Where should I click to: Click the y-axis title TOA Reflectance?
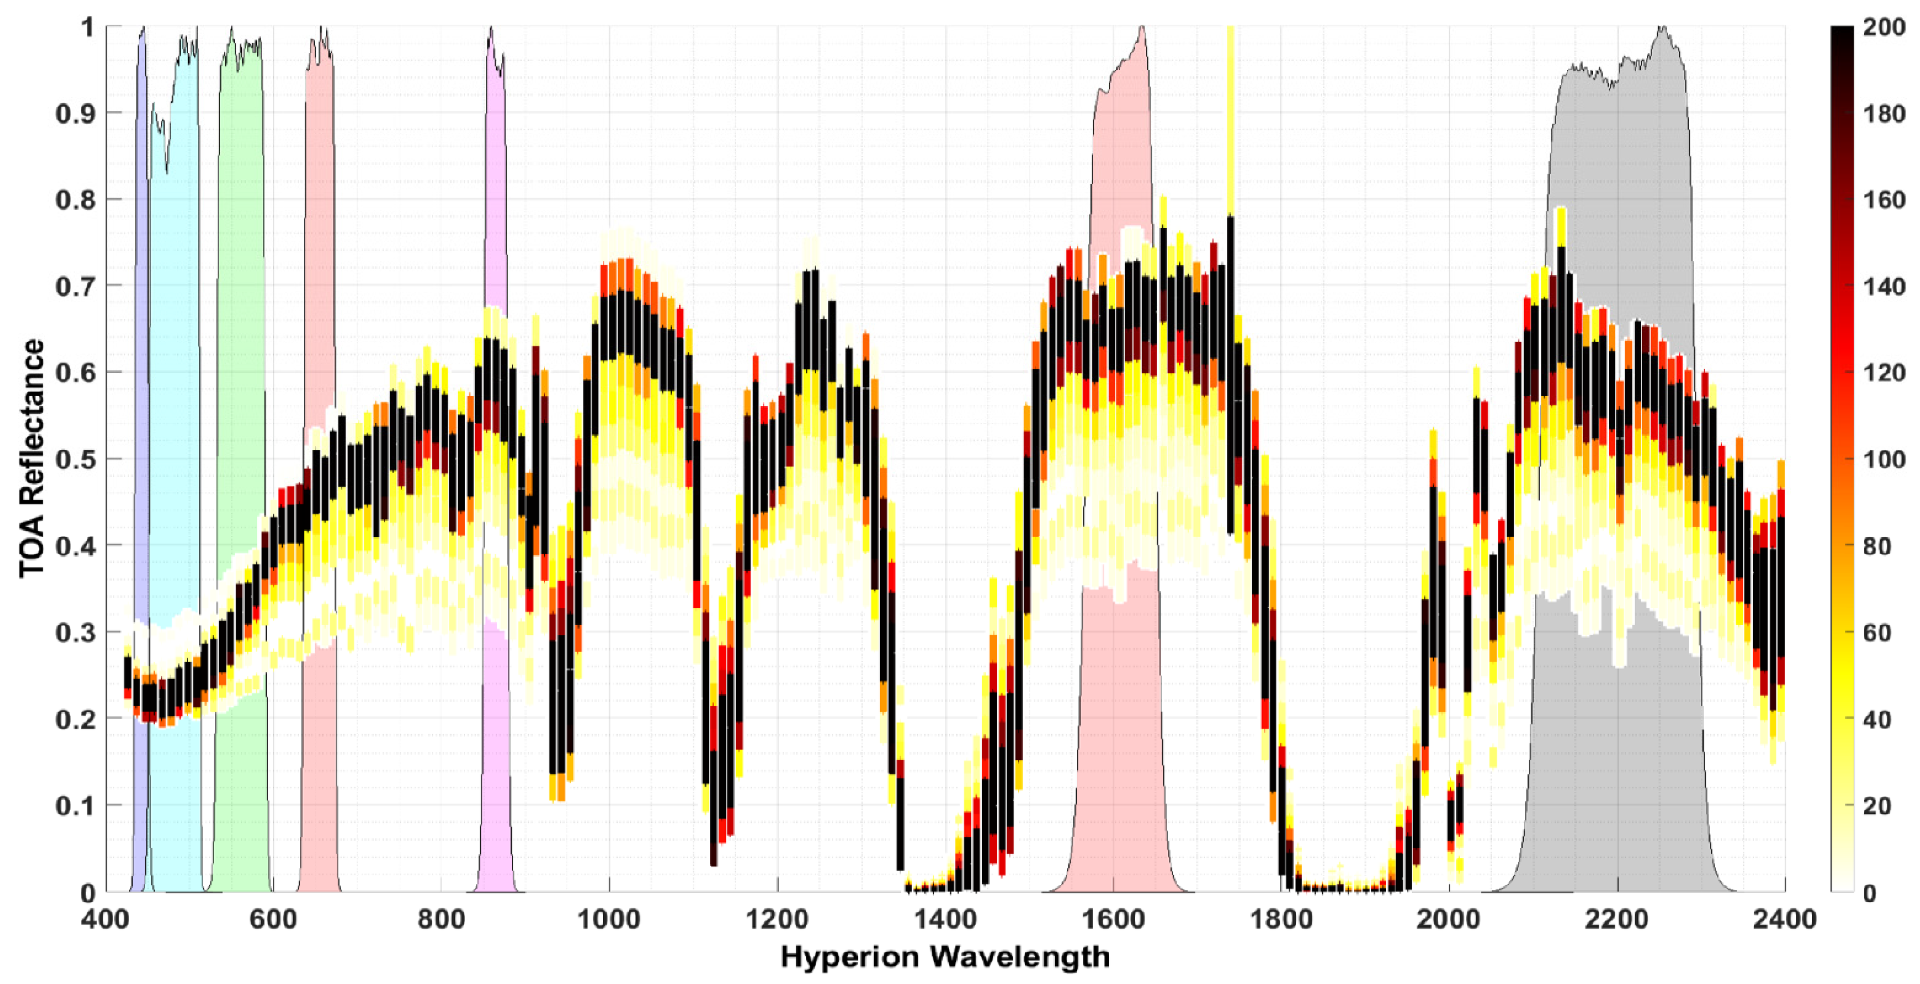coord(31,459)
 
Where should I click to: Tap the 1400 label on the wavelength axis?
coord(945,919)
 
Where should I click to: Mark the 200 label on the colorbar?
coord(1884,28)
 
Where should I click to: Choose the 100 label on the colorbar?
coord(1884,459)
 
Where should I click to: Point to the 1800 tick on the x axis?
coord(1281,919)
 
